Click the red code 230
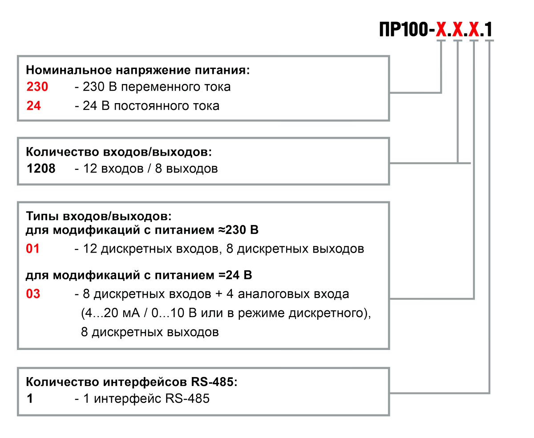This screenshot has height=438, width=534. point(37,87)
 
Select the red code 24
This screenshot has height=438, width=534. point(33,105)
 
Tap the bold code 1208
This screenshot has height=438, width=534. point(41,168)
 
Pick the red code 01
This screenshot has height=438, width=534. point(32,249)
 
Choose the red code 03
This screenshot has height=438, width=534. point(33,293)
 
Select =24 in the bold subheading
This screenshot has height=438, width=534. point(229,275)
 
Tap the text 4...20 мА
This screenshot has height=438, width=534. point(110,313)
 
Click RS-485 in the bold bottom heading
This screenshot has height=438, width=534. point(213,382)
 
